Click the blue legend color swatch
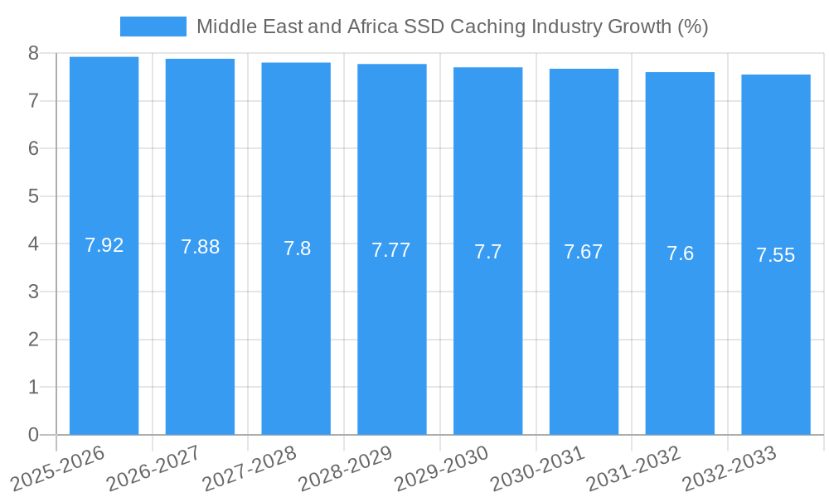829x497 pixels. [x=153, y=27]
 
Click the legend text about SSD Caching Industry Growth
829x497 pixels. [x=452, y=27]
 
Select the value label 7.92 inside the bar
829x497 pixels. [x=104, y=245]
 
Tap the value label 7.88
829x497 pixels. [x=201, y=247]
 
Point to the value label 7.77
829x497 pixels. [x=391, y=250]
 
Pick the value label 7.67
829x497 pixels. [x=584, y=252]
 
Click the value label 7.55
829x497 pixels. [x=776, y=255]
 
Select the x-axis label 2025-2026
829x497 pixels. [x=59, y=467]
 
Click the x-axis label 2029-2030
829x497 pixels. [x=442, y=467]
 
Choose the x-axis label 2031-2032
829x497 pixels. [x=634, y=467]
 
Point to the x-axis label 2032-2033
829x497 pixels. [x=730, y=467]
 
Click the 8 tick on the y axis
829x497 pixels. [x=33, y=53]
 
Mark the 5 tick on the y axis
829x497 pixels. [x=33, y=196]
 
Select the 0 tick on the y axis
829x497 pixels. [x=33, y=435]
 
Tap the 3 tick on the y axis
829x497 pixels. [x=33, y=292]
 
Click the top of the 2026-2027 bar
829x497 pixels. [x=201, y=60]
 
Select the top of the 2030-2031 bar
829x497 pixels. [x=584, y=70]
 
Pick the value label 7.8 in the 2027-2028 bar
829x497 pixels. [x=297, y=248]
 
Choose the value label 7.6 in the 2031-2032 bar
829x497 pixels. [x=680, y=253]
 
